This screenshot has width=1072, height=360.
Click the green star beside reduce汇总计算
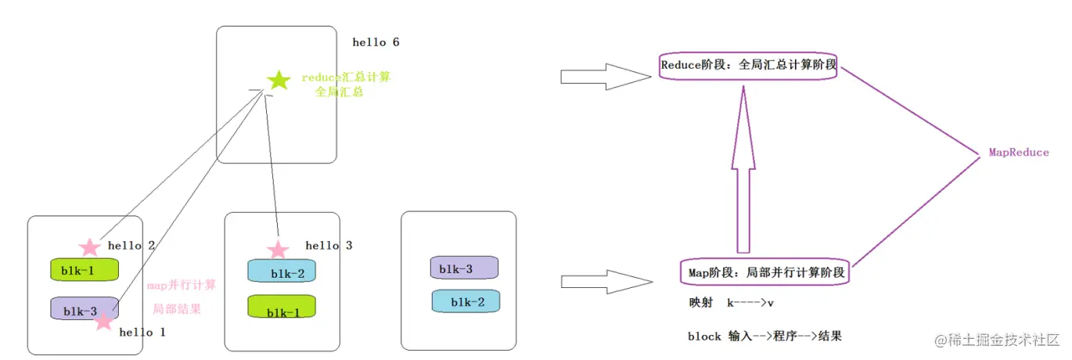[x=278, y=80]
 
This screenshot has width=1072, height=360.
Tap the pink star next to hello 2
[x=90, y=247]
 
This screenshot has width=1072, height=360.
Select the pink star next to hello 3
[x=277, y=250]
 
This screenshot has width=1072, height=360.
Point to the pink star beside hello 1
[x=103, y=320]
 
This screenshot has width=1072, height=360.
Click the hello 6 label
[x=376, y=42]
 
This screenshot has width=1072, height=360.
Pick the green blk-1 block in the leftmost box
[x=85, y=270]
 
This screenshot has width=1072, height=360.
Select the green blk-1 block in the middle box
[x=282, y=307]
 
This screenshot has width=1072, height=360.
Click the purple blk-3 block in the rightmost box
[x=465, y=268]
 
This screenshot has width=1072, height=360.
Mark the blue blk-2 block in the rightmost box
[x=466, y=301]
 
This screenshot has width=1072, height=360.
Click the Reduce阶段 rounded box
[x=749, y=66]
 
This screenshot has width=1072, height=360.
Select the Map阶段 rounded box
[x=764, y=273]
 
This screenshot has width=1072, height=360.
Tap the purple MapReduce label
[x=1018, y=153]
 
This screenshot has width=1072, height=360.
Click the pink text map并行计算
[x=182, y=285]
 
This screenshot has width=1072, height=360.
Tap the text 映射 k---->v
[x=731, y=302]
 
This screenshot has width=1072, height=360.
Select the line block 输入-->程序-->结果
[x=764, y=337]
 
